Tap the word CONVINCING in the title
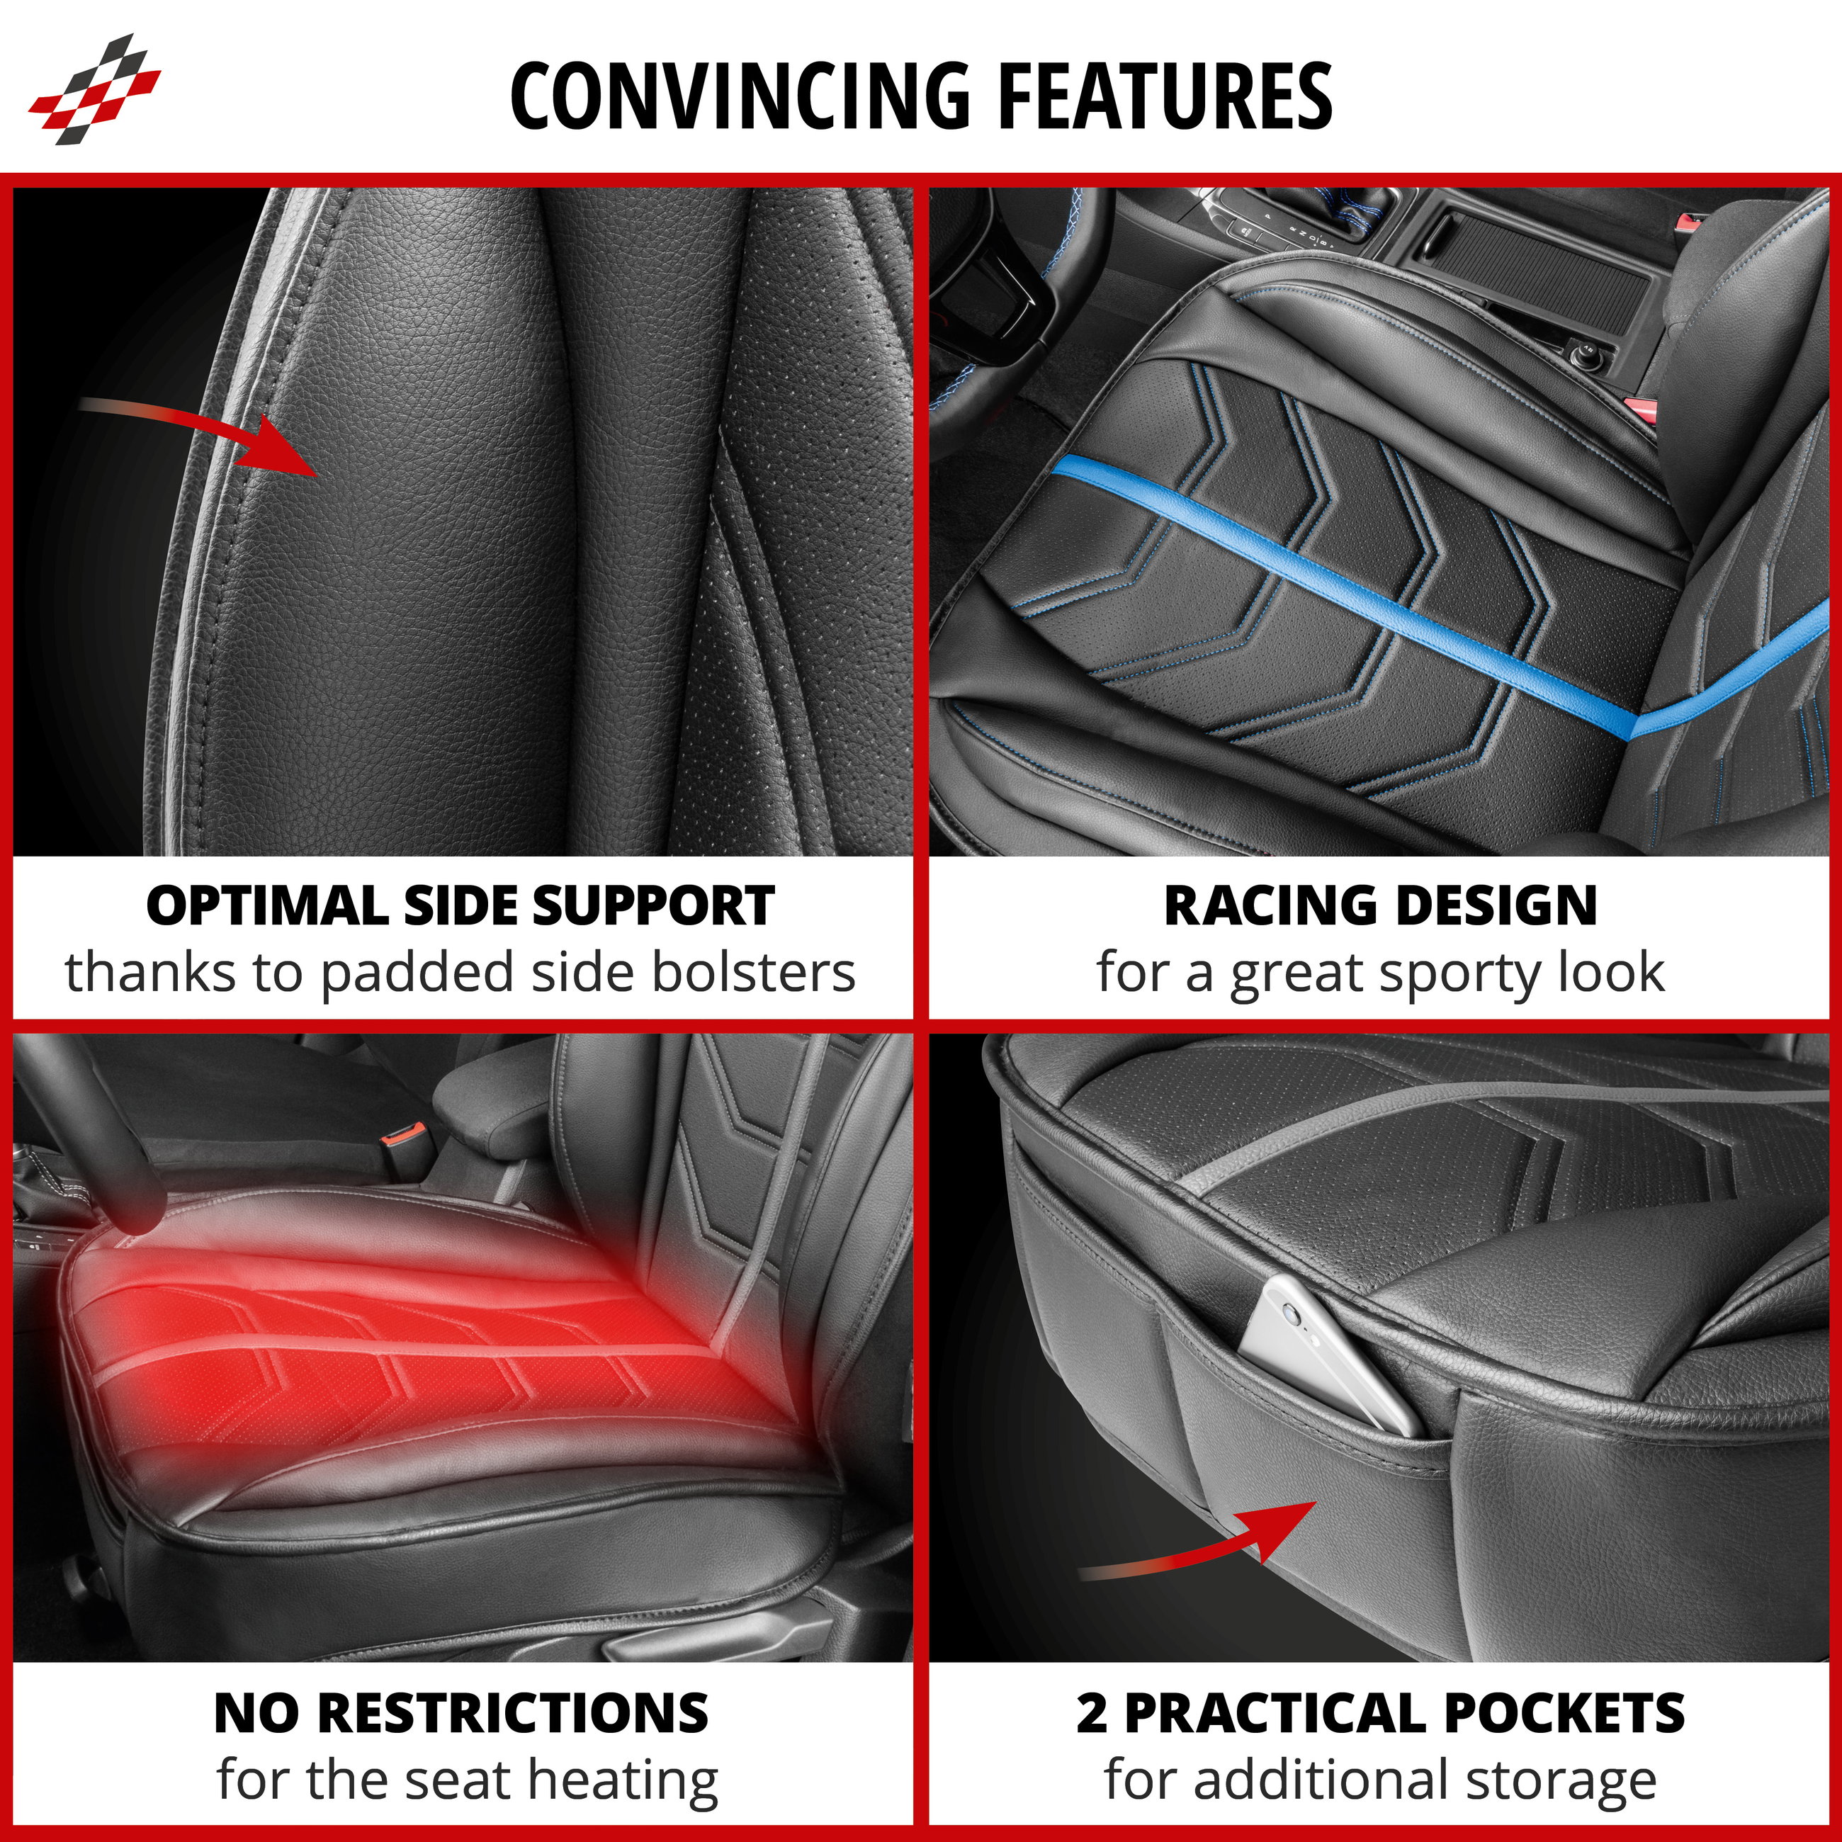click(739, 96)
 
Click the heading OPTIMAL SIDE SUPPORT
click(460, 905)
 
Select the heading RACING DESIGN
click(1381, 905)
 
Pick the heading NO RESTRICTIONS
click(461, 1713)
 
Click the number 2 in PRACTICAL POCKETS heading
click(1092, 1713)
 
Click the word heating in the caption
click(623, 1780)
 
